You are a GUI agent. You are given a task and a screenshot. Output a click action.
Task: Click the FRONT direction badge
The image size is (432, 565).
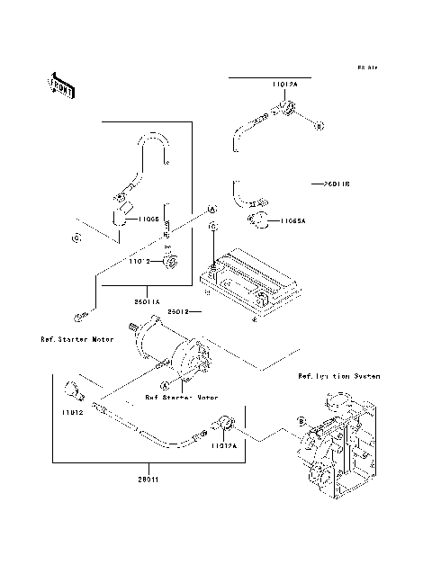pos(60,85)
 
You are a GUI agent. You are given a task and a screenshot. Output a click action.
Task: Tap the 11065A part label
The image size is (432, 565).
pos(293,220)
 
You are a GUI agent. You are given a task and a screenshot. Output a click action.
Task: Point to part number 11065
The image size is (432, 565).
pos(148,219)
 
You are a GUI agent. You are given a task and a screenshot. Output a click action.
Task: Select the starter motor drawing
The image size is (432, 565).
pos(175,354)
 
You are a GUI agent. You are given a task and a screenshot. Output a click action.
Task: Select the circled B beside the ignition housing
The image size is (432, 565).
pos(301,419)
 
